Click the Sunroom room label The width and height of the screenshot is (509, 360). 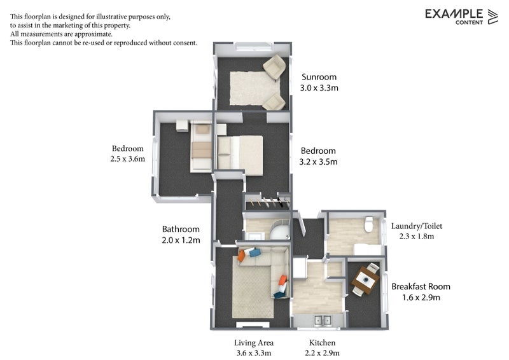click(319, 77)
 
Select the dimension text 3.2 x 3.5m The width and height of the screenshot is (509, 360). click(318, 162)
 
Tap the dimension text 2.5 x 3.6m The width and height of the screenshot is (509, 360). click(127, 159)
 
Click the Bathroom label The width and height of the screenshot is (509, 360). click(181, 229)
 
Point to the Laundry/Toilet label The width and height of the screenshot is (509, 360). click(416, 225)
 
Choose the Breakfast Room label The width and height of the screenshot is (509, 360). click(421, 286)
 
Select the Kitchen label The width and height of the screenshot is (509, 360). click(320, 343)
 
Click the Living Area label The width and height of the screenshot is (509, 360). click(254, 343)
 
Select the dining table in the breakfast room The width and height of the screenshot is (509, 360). click(366, 280)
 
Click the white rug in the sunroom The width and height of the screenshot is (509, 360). click(251, 88)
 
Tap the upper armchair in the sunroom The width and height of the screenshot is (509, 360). click(274, 66)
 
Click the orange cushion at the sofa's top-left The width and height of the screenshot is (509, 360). click(242, 257)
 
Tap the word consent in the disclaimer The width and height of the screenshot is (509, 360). click(183, 43)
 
